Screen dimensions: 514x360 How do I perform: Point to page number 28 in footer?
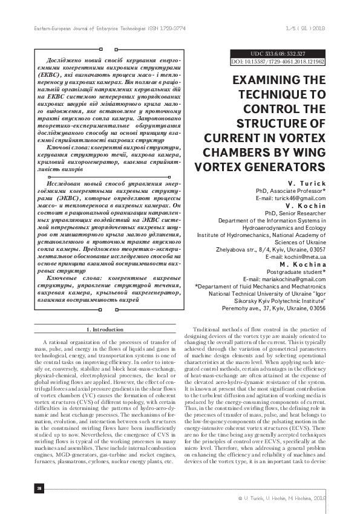tap(22, 487)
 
